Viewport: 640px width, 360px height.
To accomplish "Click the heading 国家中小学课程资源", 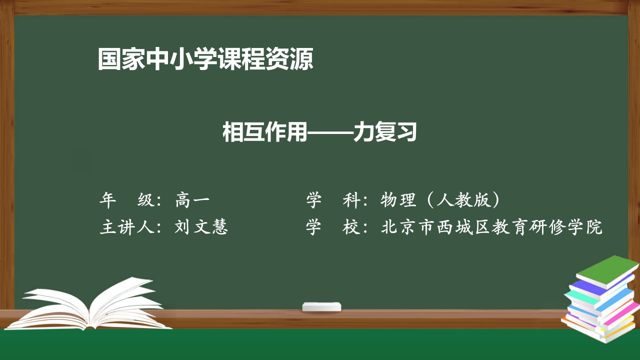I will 205,59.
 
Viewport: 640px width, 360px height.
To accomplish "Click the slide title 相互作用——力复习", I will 319,133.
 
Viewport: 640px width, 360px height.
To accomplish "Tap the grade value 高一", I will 192,200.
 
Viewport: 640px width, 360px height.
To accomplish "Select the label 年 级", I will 127,200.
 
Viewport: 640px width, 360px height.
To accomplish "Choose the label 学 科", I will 333,200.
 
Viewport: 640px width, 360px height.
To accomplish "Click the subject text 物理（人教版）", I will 440,200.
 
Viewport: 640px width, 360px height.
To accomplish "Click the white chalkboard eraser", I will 321,306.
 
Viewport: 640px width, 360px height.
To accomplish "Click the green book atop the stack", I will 607,270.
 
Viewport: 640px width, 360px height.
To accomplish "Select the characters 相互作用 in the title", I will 264,133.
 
